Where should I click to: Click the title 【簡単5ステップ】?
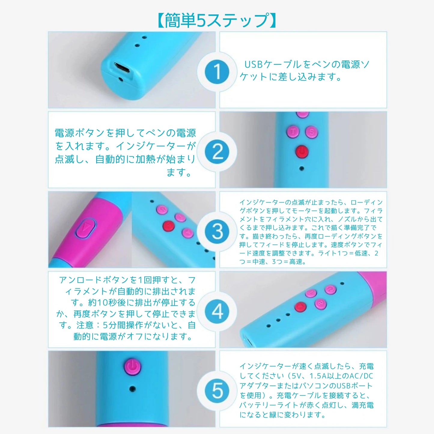(x=217, y=20)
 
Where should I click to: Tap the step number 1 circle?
(x=217, y=72)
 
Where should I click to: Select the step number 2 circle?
(x=217, y=152)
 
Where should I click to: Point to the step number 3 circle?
(x=217, y=232)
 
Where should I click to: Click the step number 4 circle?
(x=217, y=311)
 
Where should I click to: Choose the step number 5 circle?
(x=217, y=391)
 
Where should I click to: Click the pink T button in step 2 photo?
(x=293, y=132)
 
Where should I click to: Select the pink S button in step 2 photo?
(x=311, y=132)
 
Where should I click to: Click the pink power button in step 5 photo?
(x=132, y=366)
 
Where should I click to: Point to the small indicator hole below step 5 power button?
(x=132, y=389)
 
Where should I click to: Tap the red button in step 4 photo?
(x=300, y=307)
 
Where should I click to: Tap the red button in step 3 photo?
(x=168, y=226)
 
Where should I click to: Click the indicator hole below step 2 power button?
(x=302, y=168)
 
